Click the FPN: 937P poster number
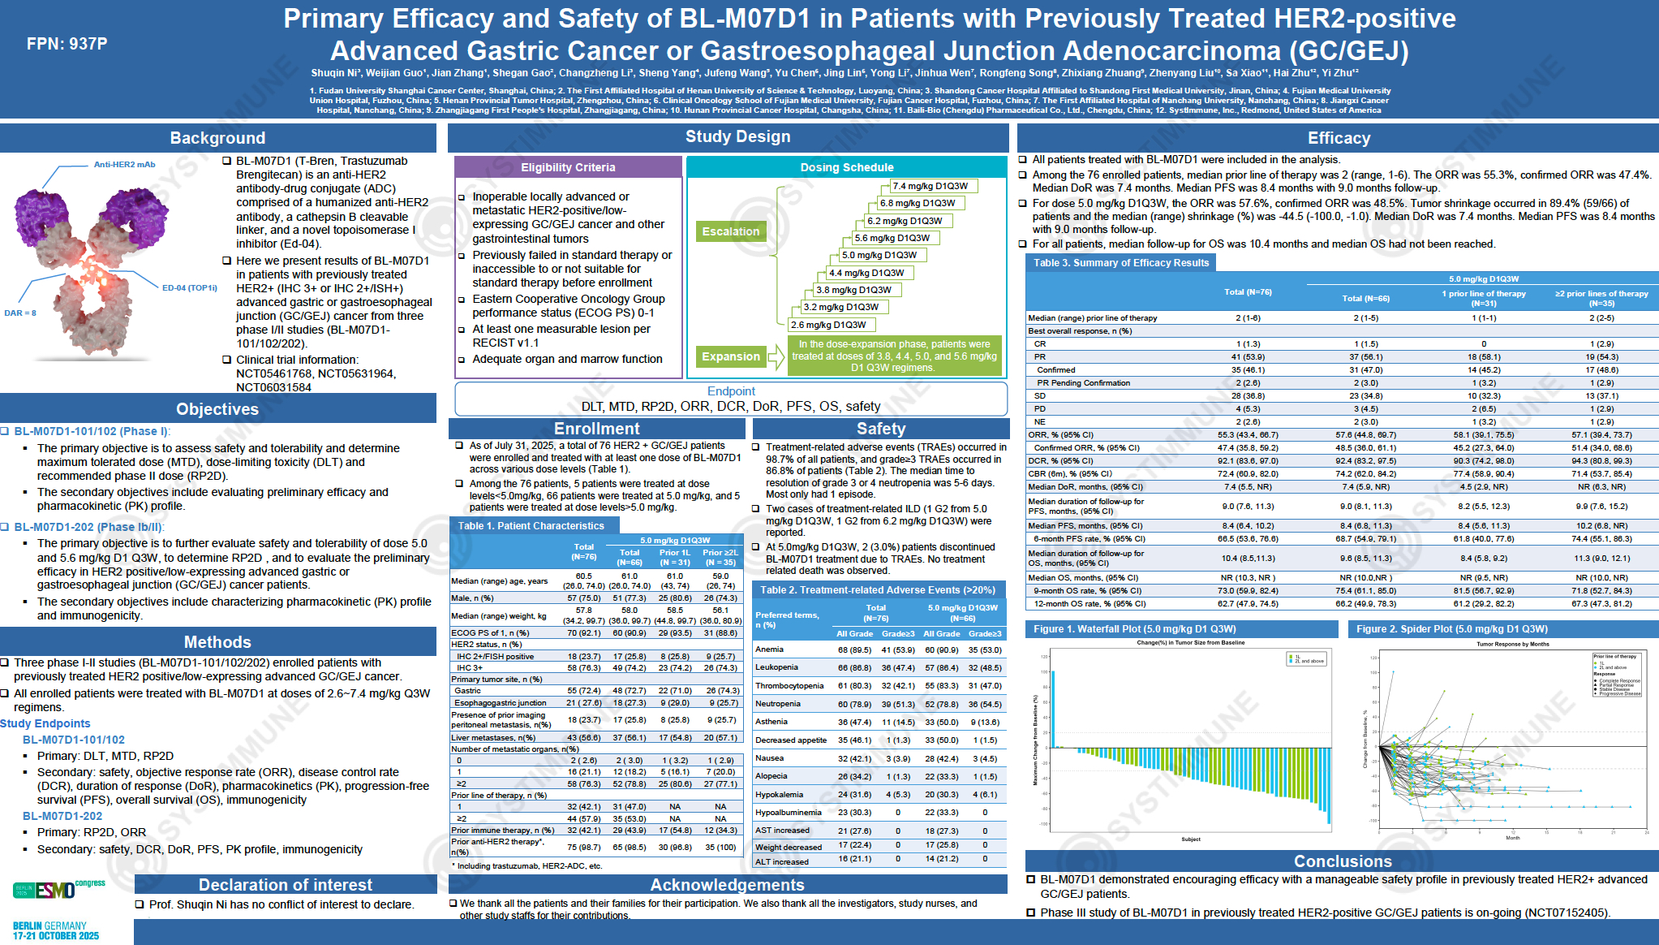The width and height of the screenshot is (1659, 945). tap(67, 44)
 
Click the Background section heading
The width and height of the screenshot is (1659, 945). tap(217, 138)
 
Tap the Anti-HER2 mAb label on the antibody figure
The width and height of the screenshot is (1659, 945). tap(124, 165)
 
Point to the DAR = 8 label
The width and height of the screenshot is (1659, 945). tap(20, 313)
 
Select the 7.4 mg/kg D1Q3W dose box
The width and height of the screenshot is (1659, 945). tap(930, 186)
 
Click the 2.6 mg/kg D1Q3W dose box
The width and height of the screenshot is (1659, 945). tap(828, 325)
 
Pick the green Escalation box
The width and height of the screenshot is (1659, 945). tap(730, 231)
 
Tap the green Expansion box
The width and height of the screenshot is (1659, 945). tap(730, 356)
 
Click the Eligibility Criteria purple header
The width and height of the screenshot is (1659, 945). tap(568, 167)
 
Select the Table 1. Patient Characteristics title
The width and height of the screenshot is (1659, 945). tap(531, 526)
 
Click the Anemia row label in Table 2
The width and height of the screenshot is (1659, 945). tap(769, 649)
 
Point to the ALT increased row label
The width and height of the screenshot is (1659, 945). tap(781, 861)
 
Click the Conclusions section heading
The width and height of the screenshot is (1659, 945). tap(1342, 861)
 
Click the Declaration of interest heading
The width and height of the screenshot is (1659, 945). tap(286, 885)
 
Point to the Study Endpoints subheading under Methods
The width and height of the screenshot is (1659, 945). tap(45, 723)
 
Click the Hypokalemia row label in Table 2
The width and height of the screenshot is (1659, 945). tap(779, 794)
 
